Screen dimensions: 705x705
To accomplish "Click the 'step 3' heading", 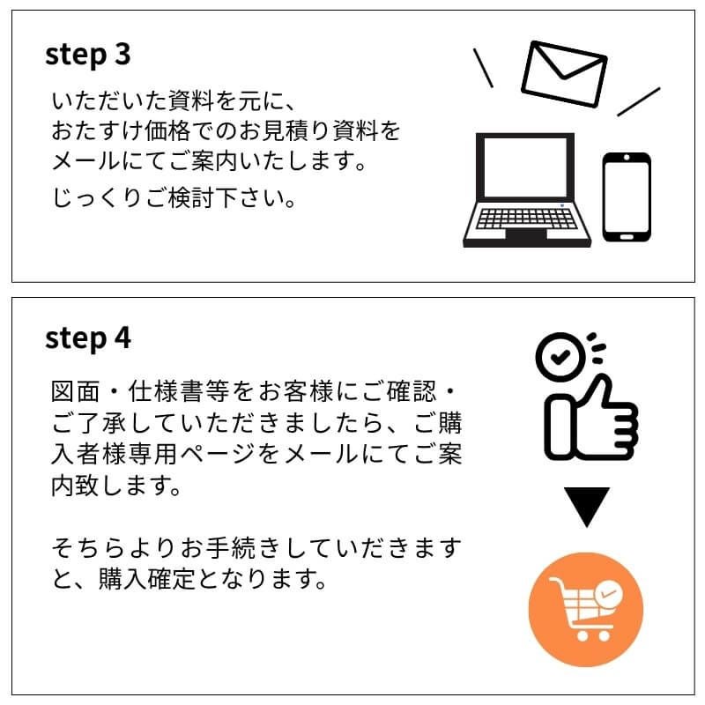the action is pyautogui.click(x=87, y=56).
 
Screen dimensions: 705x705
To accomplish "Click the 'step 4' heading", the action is pyautogui.click(x=87, y=338).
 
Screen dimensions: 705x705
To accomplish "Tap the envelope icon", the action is pyautogui.click(x=564, y=74).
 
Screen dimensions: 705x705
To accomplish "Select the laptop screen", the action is pyautogui.click(x=524, y=167).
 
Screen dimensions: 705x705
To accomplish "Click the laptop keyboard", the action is pyautogui.click(x=526, y=219).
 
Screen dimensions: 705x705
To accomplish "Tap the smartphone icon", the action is pyautogui.click(x=627, y=197).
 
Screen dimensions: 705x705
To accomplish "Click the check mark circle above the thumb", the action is pyautogui.click(x=560, y=357).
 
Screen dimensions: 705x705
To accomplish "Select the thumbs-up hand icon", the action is pyautogui.click(x=590, y=418).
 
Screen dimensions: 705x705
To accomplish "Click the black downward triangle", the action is pyautogui.click(x=586, y=503).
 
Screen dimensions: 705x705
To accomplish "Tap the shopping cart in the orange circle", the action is pyautogui.click(x=585, y=609).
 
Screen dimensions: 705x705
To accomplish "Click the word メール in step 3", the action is pyautogui.click(x=85, y=160).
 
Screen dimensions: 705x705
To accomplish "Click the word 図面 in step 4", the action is pyautogui.click(x=75, y=391).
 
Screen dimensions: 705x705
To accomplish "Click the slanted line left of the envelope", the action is pyautogui.click(x=483, y=68).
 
